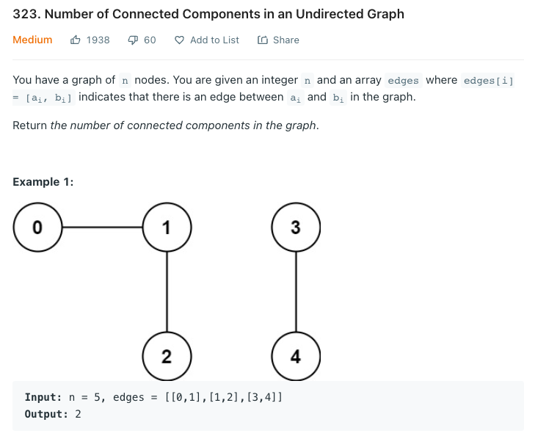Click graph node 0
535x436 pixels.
pyautogui.click(x=37, y=228)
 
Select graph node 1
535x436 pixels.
pyautogui.click(x=167, y=228)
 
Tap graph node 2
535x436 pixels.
pyautogui.click(x=167, y=357)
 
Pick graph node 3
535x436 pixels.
pyautogui.click(x=295, y=228)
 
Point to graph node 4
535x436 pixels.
pyautogui.click(x=295, y=357)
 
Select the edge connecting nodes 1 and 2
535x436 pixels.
pyautogui.click(x=167, y=292)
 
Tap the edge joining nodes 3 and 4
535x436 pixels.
pyautogui.click(x=295, y=292)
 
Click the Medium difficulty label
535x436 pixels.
pyautogui.click(x=32, y=40)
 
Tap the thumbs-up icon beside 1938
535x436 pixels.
pyautogui.click(x=76, y=40)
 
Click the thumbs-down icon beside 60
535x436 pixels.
pyautogui.click(x=133, y=40)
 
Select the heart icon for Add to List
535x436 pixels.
pyautogui.click(x=179, y=40)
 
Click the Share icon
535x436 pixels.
pyautogui.click(x=263, y=40)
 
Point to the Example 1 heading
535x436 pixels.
pyautogui.click(x=43, y=182)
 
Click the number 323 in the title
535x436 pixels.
pyautogui.click(x=26, y=14)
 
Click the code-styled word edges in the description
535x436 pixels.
pyautogui.click(x=403, y=81)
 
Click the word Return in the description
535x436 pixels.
pyautogui.click(x=30, y=126)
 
